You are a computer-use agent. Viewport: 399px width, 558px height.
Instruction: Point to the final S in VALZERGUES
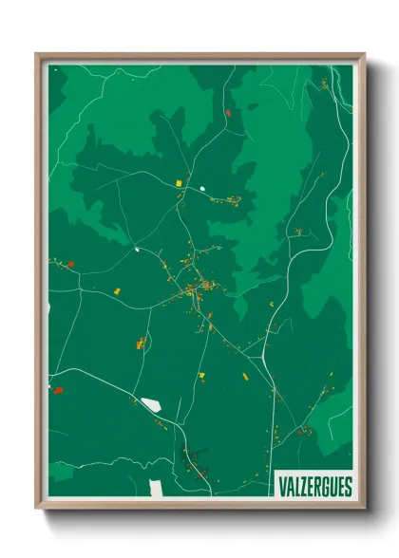[347, 487]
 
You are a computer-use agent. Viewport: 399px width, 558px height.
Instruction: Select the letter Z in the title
[303, 487]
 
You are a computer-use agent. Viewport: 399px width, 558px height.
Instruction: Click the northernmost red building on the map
[228, 113]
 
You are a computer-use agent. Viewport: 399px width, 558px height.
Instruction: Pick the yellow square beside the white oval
[178, 177]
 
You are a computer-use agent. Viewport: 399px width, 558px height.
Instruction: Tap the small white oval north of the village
[202, 188]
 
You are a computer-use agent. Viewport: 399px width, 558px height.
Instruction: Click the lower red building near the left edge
[58, 389]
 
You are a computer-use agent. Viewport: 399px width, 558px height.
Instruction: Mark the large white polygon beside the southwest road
[150, 405]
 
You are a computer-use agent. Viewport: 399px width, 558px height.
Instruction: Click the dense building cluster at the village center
[201, 287]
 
